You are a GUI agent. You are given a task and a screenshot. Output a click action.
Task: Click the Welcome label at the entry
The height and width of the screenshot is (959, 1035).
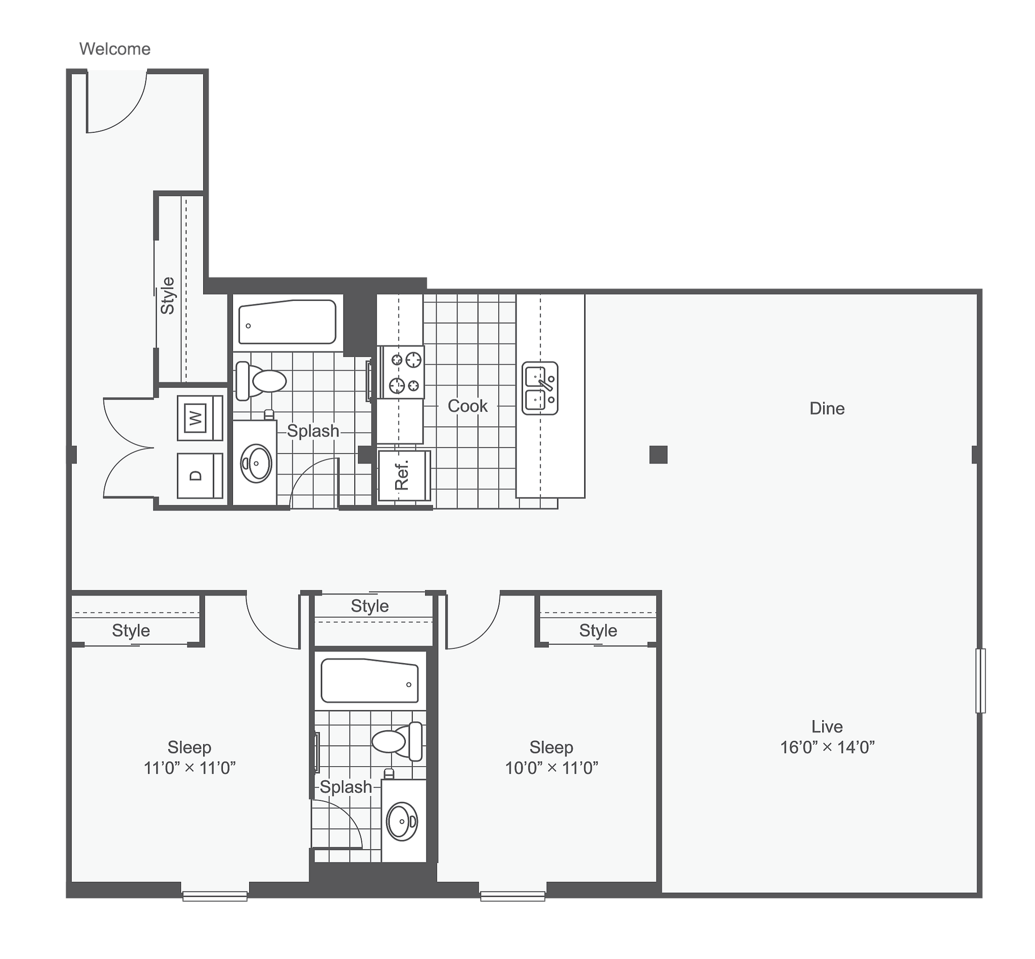coord(115,49)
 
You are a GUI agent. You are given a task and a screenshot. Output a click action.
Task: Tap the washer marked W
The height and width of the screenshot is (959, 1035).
coord(200,418)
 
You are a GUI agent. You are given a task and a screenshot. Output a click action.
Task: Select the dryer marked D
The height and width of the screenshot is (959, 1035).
coord(200,476)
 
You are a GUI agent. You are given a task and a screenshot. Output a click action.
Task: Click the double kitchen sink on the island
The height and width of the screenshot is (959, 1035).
coord(540,388)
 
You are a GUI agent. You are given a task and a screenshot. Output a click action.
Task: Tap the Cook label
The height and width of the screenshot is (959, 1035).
coord(467,406)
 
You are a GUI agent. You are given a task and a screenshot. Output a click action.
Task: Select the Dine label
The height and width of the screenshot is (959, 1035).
coord(827,409)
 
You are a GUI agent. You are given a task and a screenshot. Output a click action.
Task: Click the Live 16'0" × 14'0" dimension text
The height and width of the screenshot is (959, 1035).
coord(827,747)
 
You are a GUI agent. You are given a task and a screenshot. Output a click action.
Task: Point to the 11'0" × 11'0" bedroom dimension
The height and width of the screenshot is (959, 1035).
coord(190,768)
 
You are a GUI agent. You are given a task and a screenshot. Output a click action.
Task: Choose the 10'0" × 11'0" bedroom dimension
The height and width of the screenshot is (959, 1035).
coord(551,768)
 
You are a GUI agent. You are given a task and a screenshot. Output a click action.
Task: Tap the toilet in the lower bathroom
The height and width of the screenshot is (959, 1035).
coord(397,741)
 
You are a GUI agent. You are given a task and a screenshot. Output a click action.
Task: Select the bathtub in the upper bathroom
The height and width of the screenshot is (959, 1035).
coord(287,322)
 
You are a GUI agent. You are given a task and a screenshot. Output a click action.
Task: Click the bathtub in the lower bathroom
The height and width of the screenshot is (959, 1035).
coord(370,681)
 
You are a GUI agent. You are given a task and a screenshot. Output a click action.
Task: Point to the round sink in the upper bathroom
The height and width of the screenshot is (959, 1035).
coord(256,464)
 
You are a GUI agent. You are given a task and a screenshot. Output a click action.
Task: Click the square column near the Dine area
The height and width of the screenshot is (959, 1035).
coord(658,455)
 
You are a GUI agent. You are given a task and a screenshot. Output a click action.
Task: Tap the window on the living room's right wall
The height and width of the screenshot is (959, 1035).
coord(980,680)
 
